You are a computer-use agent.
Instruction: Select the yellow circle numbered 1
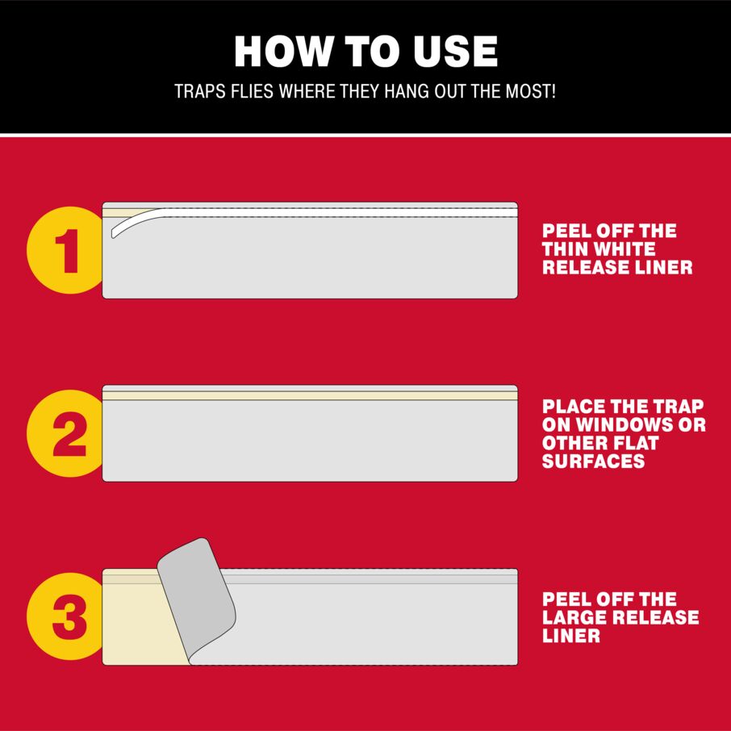pyautogui.click(x=65, y=250)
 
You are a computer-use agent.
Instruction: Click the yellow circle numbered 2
pyautogui.click(x=65, y=433)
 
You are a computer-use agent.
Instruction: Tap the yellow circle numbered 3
pyautogui.click(x=65, y=616)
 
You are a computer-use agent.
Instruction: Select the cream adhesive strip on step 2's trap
pyautogui.click(x=310, y=395)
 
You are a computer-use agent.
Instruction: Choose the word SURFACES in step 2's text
pyautogui.click(x=594, y=461)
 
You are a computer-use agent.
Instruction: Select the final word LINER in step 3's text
pyautogui.click(x=571, y=636)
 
